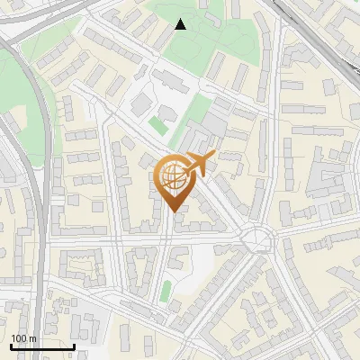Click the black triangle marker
point(180,24)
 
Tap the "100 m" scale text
point(23,338)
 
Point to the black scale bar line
point(42,346)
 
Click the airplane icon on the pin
point(199,164)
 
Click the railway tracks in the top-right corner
point(315,36)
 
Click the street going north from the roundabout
point(267,180)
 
